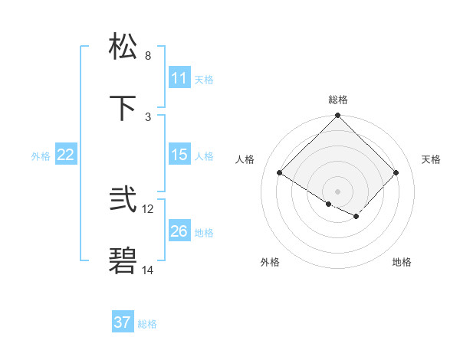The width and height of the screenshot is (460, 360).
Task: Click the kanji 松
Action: [x=123, y=47]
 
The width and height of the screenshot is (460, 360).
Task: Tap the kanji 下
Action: [x=123, y=109]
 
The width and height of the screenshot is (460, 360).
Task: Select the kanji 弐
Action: [x=123, y=201]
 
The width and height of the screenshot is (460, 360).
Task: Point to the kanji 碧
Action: [x=123, y=262]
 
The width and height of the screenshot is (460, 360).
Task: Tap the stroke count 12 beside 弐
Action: [x=148, y=209]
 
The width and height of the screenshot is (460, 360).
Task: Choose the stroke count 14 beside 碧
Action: [x=148, y=270]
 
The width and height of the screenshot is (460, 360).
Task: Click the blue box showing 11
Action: [x=179, y=78]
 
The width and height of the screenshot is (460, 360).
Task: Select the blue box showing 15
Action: [x=179, y=155]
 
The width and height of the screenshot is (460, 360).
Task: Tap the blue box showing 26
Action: [x=179, y=231]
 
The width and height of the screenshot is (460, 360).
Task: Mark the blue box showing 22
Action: [x=66, y=155]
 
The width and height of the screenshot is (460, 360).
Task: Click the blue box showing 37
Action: [x=123, y=322]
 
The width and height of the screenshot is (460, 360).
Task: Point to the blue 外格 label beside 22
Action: [x=41, y=156]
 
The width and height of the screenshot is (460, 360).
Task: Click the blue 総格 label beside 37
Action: [x=148, y=324]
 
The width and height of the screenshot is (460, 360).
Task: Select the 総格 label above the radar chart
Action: [x=338, y=100]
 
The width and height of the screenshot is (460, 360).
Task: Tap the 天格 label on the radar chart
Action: [x=432, y=159]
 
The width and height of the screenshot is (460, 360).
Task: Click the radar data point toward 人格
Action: [x=280, y=173]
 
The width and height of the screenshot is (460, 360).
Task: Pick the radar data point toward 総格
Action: [x=338, y=116]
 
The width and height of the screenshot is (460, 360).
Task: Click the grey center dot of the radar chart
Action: [x=338, y=191]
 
